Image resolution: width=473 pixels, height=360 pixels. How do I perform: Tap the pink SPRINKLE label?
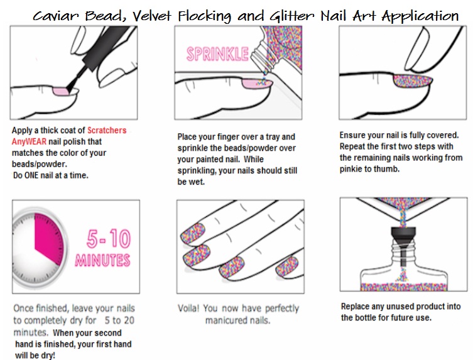tap(217, 54)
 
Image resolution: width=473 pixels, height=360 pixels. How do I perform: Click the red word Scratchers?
tap(107, 130)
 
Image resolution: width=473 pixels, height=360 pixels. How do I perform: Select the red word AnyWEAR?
tap(30, 141)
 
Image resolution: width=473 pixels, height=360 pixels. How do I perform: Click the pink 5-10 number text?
tap(109, 238)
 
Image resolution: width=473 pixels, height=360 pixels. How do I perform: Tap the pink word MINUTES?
tap(102, 260)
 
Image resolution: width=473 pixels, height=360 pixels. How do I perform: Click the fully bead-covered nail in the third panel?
tap(413, 82)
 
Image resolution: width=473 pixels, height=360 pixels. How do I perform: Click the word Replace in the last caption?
tap(355, 307)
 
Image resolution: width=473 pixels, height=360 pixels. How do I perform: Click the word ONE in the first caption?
tap(31, 175)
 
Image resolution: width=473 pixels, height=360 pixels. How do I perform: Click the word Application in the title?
tap(420, 16)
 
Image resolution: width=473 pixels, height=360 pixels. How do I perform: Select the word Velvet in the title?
tap(151, 16)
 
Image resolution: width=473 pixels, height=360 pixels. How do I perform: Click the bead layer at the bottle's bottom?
tap(404, 286)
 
